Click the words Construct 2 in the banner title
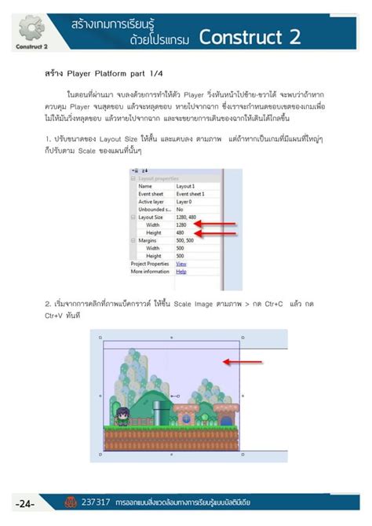(250, 36)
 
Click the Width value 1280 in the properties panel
(182, 225)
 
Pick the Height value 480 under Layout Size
(181, 232)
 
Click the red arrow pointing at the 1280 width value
(217, 225)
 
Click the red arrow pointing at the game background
(242, 363)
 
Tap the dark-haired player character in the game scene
(122, 415)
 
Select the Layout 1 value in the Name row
(185, 186)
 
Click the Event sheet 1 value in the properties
(191, 194)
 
